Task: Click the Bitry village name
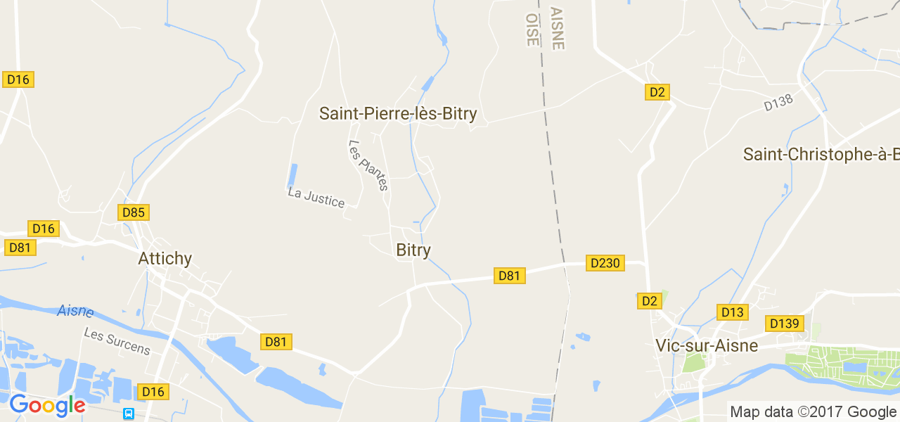(413, 250)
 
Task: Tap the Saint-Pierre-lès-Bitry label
(398, 113)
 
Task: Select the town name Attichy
(165, 259)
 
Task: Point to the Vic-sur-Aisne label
(707, 345)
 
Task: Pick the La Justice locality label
(316, 197)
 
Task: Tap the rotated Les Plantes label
(368, 165)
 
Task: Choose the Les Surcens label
(117, 340)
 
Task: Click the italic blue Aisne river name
(75, 311)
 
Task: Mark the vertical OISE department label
(532, 29)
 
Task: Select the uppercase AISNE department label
(557, 29)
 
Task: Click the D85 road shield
(134, 212)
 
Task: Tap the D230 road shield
(605, 263)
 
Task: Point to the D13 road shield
(733, 312)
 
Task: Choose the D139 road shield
(784, 324)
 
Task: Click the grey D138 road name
(778, 103)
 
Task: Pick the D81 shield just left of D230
(508, 275)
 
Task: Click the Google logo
(47, 406)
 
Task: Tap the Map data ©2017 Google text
(813, 412)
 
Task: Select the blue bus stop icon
(129, 414)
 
